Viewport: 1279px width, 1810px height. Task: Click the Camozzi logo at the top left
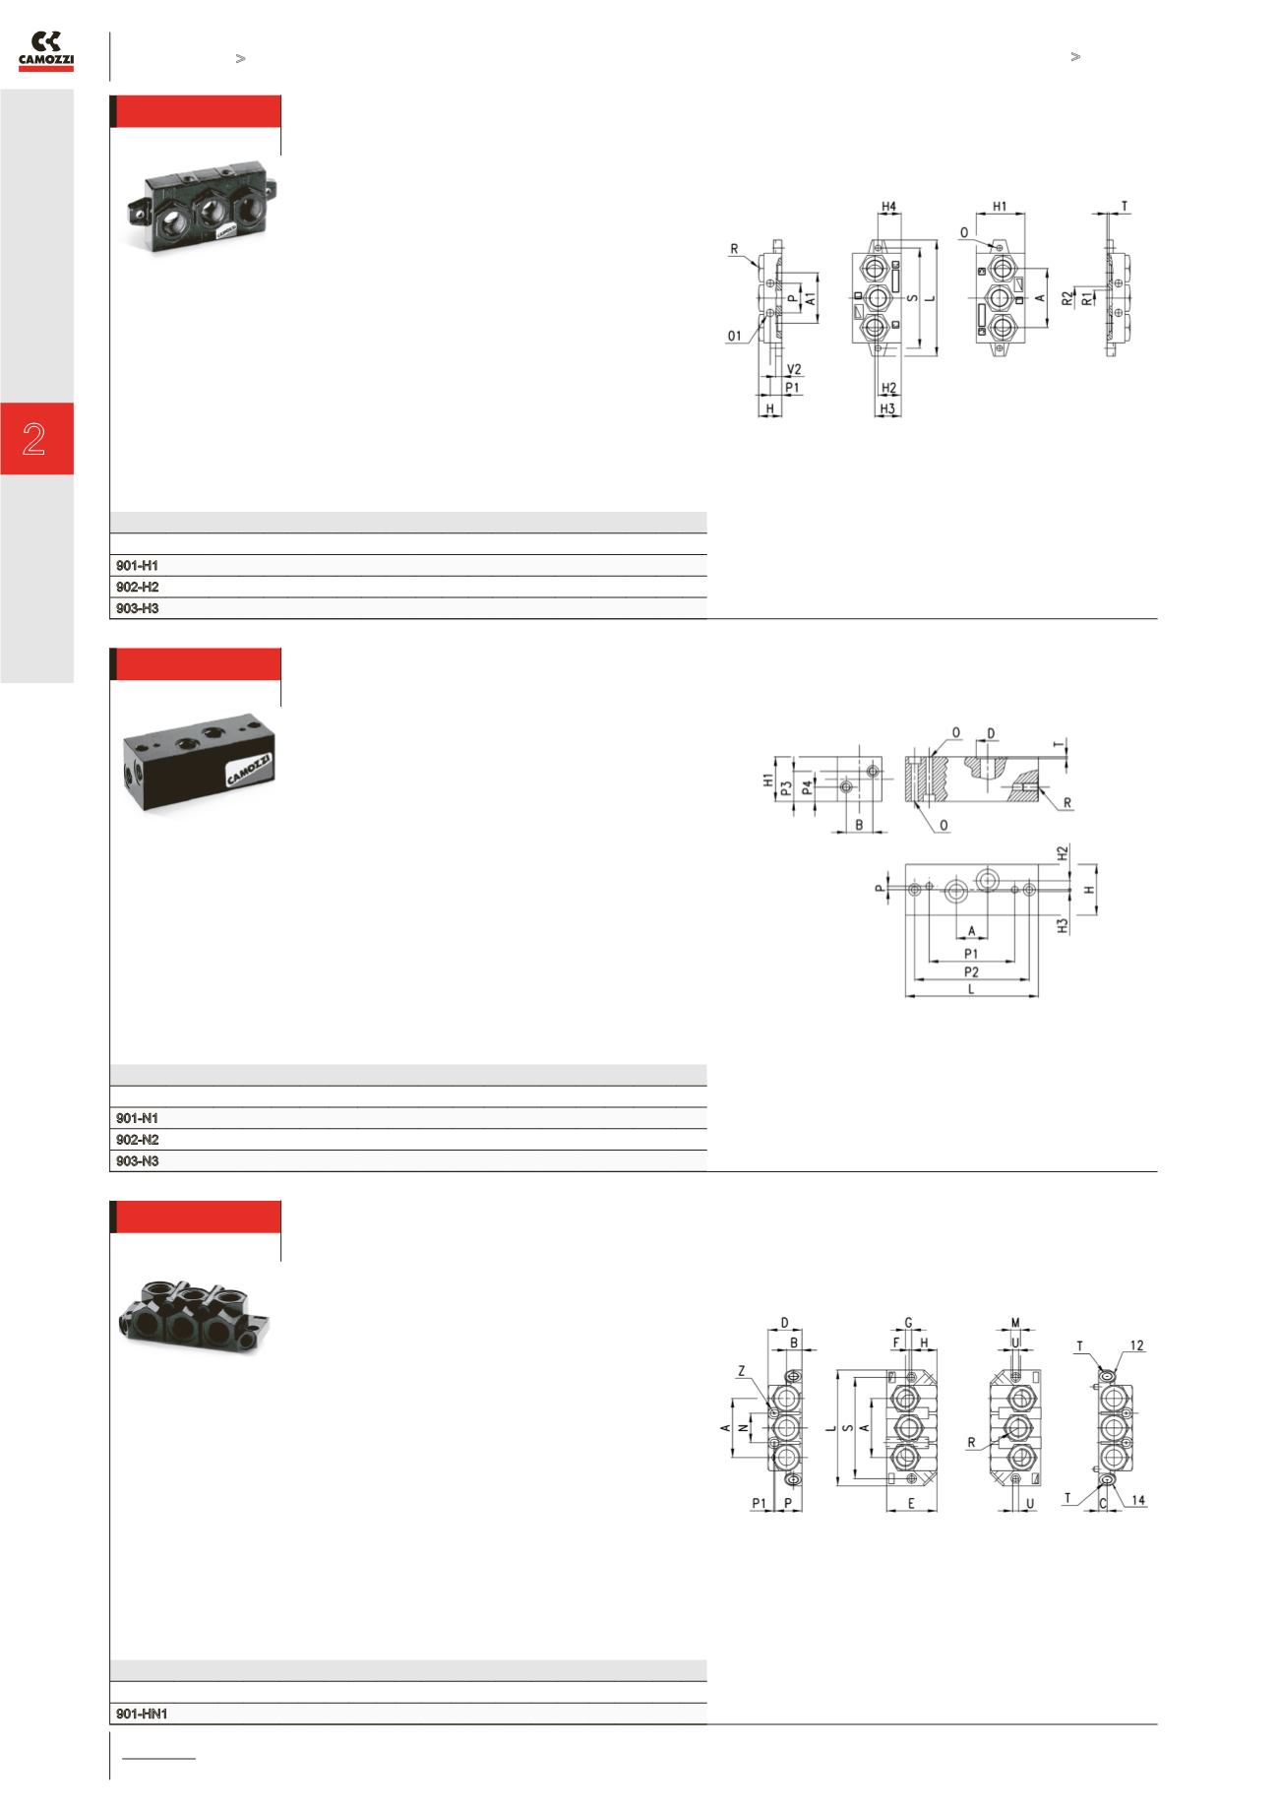pyautogui.click(x=47, y=51)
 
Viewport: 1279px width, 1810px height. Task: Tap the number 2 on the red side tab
pyautogui.click(x=35, y=438)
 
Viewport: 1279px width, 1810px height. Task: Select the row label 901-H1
pyautogui.click(x=137, y=566)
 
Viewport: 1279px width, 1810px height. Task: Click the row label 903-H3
pyautogui.click(x=137, y=609)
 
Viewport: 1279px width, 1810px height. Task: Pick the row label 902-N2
pyautogui.click(x=137, y=1140)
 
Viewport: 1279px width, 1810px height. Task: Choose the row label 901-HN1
pyautogui.click(x=142, y=1714)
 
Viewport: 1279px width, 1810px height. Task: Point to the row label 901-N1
pyautogui.click(x=137, y=1119)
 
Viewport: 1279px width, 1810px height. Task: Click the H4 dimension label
pyautogui.click(x=888, y=207)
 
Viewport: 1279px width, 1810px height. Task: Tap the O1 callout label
pyautogui.click(x=735, y=336)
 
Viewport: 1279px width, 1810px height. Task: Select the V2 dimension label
pyautogui.click(x=795, y=369)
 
